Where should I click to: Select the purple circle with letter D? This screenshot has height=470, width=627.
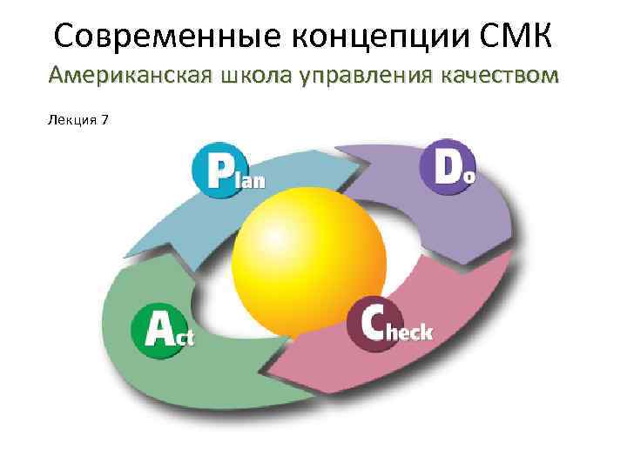tap(444, 165)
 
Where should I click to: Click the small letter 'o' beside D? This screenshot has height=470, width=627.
tap(471, 175)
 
